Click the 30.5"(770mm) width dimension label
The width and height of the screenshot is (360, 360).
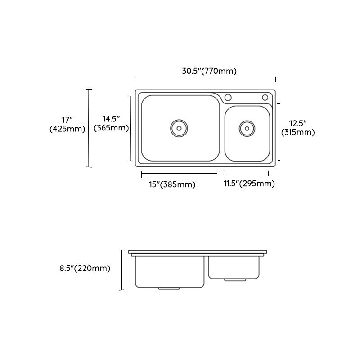pyautogui.click(x=209, y=71)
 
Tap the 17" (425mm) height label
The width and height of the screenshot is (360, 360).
pyautogui.click(x=67, y=125)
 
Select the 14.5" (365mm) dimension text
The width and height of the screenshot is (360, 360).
pyautogui.click(x=111, y=123)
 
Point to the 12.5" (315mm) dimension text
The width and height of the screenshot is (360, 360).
pyautogui.click(x=297, y=127)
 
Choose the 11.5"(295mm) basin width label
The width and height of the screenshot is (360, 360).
pyautogui.click(x=249, y=184)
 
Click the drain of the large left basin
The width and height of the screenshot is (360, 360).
pyautogui.click(x=179, y=128)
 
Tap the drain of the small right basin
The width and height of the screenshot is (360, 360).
pyautogui.click(x=247, y=128)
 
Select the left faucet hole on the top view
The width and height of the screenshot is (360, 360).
pyautogui.click(x=228, y=98)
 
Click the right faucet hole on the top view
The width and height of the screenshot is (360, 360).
pyautogui.click(x=265, y=98)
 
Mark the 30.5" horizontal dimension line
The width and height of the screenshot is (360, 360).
pyautogui.click(x=205, y=80)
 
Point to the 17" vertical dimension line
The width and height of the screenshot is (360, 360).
pyautogui.click(x=89, y=128)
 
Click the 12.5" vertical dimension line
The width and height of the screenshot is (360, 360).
pyautogui.click(x=279, y=132)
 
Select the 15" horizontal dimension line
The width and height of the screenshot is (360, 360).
pyautogui.click(x=180, y=173)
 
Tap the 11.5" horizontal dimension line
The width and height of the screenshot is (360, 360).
pyautogui.click(x=246, y=173)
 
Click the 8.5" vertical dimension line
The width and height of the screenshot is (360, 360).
pyautogui.click(x=121, y=270)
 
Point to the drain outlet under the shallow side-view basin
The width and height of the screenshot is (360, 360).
pyautogui.click(x=235, y=279)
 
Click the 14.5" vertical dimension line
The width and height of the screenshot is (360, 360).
pyautogui.click(x=131, y=128)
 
